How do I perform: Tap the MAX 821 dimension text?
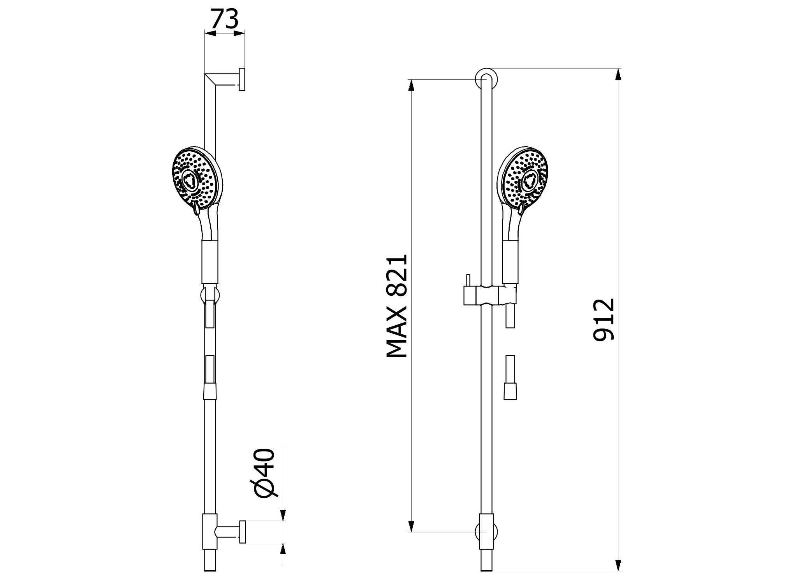click(397, 306)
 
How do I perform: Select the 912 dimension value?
click(603, 319)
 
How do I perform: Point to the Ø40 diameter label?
click(266, 472)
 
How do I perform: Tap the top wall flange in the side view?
click(242, 79)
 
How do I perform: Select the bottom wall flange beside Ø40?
click(242, 532)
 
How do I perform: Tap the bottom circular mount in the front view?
click(487, 532)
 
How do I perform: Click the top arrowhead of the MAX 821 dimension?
click(410, 85)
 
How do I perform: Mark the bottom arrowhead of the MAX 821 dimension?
click(410, 526)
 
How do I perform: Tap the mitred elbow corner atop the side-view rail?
click(210, 79)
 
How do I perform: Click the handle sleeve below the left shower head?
click(210, 262)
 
